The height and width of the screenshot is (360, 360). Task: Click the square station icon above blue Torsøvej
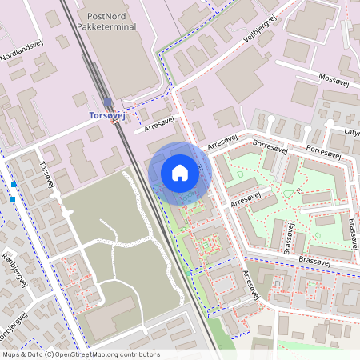[107, 102]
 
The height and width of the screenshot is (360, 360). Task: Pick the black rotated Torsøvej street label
[46, 174]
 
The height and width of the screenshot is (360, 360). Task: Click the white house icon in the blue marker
[180, 172]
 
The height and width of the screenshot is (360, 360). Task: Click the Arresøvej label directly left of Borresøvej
[223, 142]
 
